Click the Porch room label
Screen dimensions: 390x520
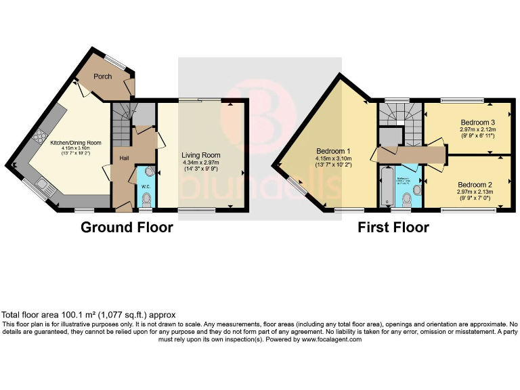(103, 77)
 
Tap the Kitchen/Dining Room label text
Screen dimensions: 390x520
(76, 143)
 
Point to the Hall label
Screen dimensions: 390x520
(125, 158)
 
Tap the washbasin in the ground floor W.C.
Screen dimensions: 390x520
(149, 172)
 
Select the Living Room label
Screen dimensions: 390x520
(202, 155)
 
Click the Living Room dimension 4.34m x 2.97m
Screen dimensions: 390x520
(202, 162)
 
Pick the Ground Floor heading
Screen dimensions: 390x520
(127, 227)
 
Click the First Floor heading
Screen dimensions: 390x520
(393, 227)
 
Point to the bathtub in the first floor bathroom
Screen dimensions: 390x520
(386, 188)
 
